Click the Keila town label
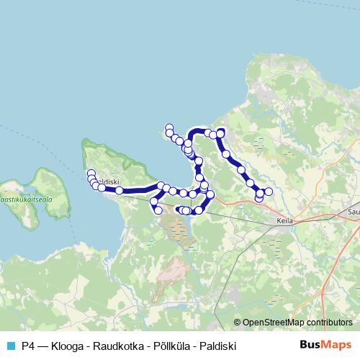pyautogui.click(x=285, y=221)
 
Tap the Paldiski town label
pyautogui.click(x=107, y=181)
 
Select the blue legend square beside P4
pyautogui.click(x=11, y=345)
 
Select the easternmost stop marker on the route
pyautogui.click(x=269, y=191)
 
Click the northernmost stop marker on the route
pyautogui.click(x=169, y=127)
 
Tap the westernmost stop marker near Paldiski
pyautogui.click(x=91, y=174)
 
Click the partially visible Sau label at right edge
pyautogui.click(x=353, y=212)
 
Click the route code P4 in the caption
pyautogui.click(x=29, y=345)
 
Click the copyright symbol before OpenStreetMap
pyautogui.click(x=238, y=322)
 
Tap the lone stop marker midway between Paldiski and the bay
pyautogui.click(x=119, y=190)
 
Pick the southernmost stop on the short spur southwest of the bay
pyautogui.click(x=158, y=210)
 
